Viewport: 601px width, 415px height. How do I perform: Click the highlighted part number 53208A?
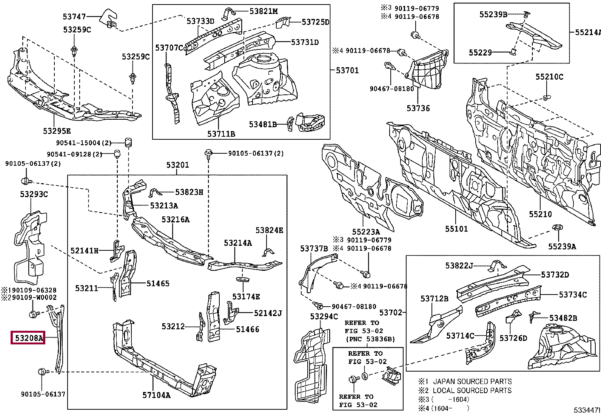pos(28,338)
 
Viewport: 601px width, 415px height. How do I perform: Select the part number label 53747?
pos(74,17)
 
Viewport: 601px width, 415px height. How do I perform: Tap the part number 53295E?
pos(57,131)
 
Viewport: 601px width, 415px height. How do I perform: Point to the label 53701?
pos(347,70)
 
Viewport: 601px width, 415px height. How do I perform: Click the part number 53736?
pos(418,108)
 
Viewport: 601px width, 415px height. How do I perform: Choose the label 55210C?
pos(549,77)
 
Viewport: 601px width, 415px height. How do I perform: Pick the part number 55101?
pos(456,229)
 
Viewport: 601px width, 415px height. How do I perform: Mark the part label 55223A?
pos(366,232)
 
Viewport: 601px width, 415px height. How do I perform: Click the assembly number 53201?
pos(177,165)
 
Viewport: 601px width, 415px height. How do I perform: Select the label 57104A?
pos(156,395)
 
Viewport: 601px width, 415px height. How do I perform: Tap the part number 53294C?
pos(324,316)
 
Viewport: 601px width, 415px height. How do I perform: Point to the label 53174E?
pos(246,297)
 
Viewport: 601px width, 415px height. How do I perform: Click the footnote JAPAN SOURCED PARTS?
pos(472,381)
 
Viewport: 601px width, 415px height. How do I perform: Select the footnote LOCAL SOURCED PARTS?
pos(472,390)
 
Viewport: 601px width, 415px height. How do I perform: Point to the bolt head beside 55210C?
pos(546,98)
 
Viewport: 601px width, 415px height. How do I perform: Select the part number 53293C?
pos(34,194)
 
